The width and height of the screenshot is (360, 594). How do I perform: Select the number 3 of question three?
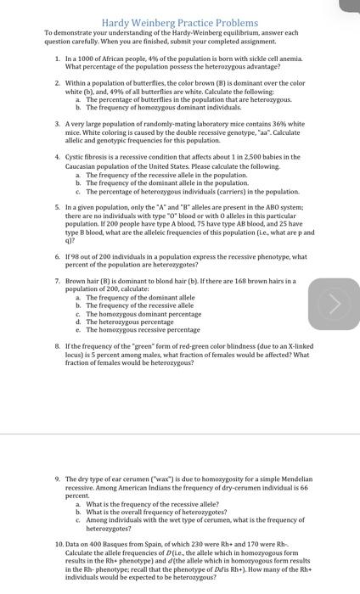tap(57, 123)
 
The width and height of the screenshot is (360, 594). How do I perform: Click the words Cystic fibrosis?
tap(87, 157)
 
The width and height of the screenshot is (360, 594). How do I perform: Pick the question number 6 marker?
tap(57, 255)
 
